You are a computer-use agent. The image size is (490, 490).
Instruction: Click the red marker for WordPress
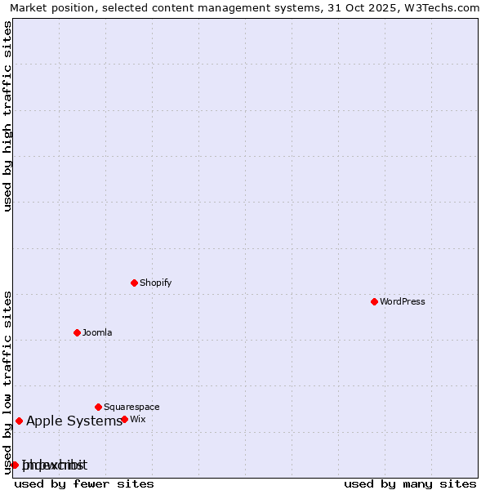[x=374, y=301]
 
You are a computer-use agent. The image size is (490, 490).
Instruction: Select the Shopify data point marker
[x=134, y=283]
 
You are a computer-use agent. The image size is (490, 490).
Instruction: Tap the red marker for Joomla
[x=77, y=332]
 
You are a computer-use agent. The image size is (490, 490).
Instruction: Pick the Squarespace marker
[x=98, y=407]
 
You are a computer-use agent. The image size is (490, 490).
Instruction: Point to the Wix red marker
[x=124, y=419]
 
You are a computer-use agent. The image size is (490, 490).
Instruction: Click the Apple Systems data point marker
[x=19, y=421]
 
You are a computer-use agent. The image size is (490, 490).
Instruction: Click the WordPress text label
[x=403, y=301]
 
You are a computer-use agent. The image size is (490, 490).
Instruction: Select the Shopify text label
[x=155, y=283]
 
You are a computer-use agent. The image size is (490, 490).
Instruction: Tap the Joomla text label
[x=97, y=332]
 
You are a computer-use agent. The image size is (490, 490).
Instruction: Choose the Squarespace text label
[x=131, y=407]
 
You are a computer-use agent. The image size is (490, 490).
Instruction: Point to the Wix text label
[x=137, y=419]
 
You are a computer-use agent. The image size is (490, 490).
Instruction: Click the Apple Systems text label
[x=74, y=421]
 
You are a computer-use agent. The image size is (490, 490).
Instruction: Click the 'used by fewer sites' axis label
[x=84, y=483]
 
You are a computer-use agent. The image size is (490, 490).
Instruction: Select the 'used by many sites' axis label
[x=410, y=483]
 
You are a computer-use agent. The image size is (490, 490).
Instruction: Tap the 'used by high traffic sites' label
[x=7, y=116]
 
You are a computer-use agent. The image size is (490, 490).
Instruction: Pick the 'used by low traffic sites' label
[x=7, y=382]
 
